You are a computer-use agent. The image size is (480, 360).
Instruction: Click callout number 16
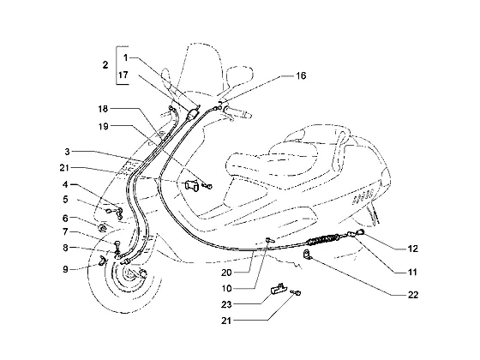301,75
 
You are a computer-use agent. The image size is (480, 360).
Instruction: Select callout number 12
412,249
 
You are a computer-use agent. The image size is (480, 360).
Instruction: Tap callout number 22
412,295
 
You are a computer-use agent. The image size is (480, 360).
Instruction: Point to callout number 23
226,304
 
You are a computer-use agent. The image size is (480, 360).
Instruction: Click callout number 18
104,109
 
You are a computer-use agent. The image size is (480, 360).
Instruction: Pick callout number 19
104,126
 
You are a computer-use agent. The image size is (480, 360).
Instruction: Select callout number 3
67,151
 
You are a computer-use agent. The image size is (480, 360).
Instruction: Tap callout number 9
65,269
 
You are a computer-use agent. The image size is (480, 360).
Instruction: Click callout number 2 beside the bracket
105,65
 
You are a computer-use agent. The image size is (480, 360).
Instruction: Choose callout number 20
226,273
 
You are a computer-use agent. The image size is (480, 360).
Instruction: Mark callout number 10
226,288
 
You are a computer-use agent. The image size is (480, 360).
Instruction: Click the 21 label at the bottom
226,321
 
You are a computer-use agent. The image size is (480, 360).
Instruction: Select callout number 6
65,219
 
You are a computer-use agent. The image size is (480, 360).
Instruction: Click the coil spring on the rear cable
324,238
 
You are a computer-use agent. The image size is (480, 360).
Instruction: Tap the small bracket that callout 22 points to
307,255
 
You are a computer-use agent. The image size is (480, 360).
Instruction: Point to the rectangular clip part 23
279,288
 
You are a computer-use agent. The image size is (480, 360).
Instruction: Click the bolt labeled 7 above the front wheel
117,244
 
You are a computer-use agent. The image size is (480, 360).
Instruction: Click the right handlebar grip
239,111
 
